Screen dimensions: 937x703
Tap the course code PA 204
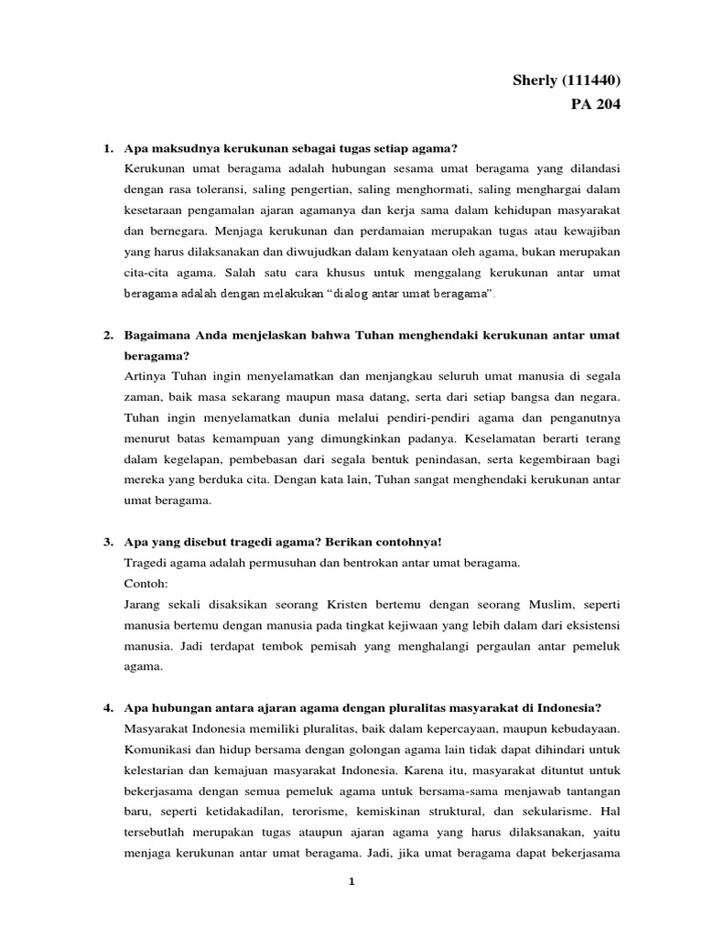point(594,105)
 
